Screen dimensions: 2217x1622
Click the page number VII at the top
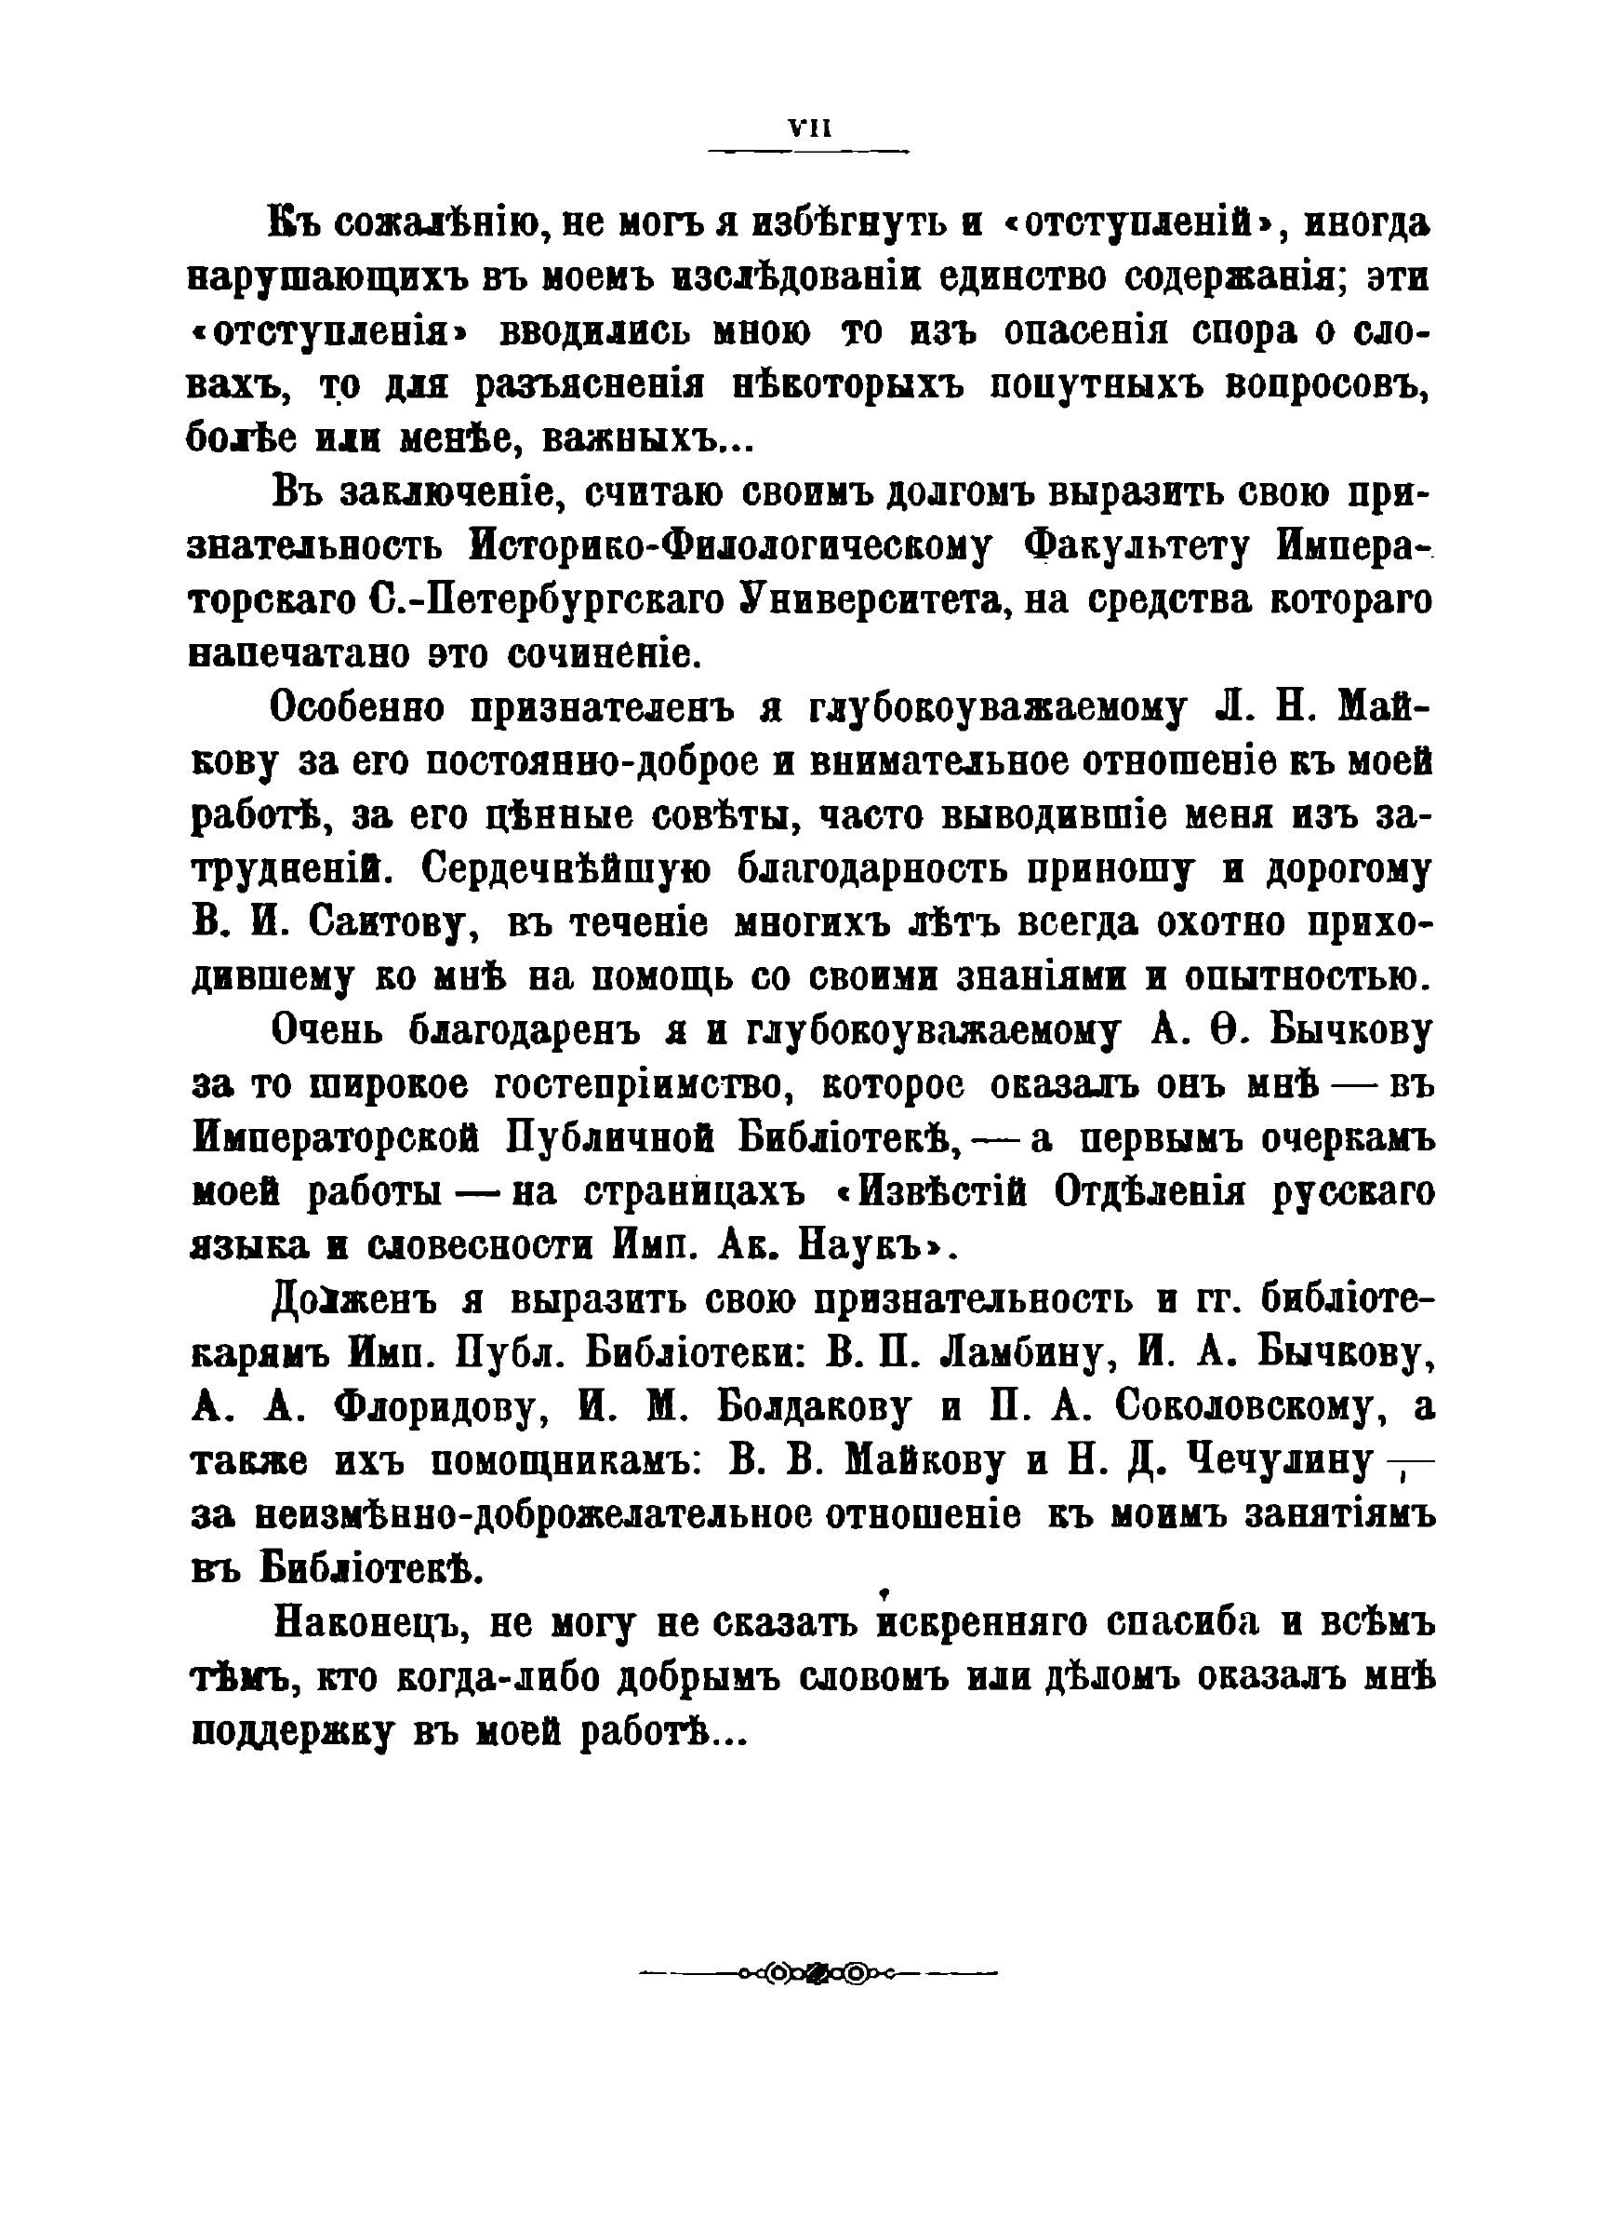(810, 128)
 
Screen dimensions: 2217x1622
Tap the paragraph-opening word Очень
(326, 1032)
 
